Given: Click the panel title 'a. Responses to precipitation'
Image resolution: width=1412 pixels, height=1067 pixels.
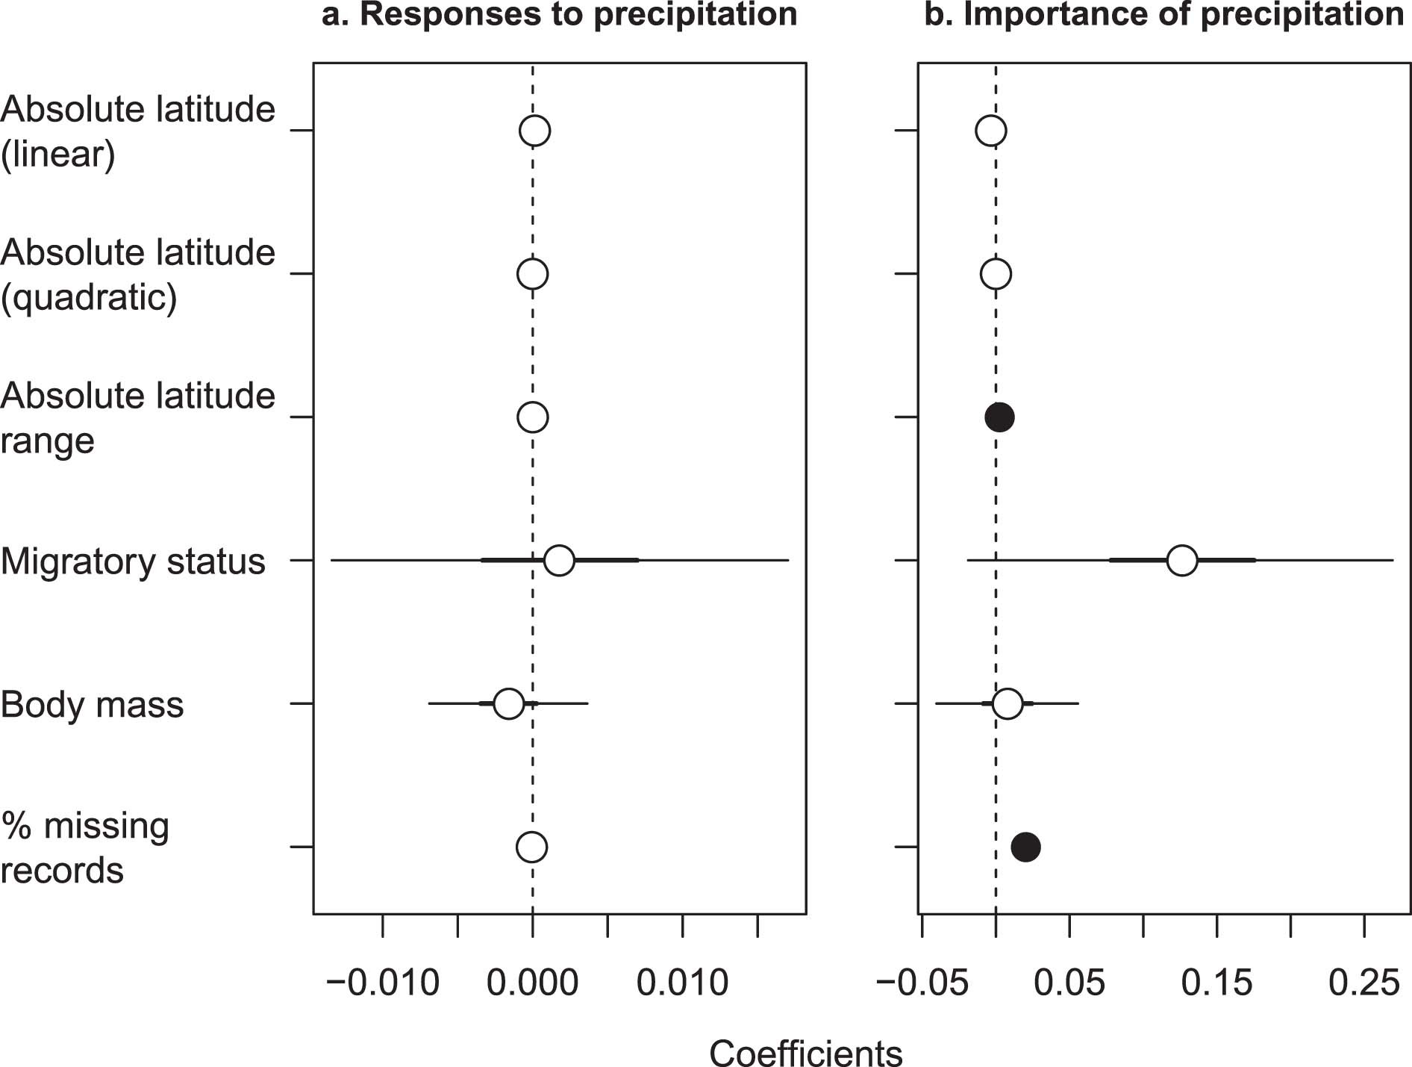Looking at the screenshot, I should [x=559, y=15].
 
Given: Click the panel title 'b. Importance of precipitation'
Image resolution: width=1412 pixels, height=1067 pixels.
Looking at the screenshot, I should [x=1163, y=15].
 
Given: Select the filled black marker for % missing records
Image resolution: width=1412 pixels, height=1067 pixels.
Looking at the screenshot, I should [x=1025, y=847].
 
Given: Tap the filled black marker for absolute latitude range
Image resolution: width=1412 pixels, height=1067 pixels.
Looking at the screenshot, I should [x=999, y=417].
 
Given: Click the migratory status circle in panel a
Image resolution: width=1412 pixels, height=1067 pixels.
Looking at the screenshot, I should [x=559, y=560].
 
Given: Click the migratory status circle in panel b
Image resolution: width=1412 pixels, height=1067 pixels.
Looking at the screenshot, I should [x=1181, y=560].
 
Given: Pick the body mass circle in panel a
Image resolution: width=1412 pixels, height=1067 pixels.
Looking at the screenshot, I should [x=508, y=703].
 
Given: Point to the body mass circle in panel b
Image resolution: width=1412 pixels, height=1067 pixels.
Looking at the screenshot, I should [x=1008, y=703].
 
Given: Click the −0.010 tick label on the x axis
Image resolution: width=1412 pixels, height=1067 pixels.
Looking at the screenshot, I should [x=383, y=983].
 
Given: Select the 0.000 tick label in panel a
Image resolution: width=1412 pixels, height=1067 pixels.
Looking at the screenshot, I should [x=532, y=983].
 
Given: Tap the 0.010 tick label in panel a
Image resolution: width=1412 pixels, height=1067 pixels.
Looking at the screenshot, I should [x=682, y=983].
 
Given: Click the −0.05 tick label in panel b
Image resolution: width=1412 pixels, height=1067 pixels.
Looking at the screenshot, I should [x=922, y=983].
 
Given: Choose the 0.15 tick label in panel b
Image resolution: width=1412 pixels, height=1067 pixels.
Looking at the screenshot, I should [x=1216, y=983].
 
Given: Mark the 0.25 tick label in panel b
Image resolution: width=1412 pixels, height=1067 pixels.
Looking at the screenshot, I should [x=1364, y=983].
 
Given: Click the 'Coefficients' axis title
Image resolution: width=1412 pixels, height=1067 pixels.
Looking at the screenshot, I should [x=805, y=1054].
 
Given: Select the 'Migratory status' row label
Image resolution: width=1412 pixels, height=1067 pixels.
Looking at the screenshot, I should [x=133, y=562].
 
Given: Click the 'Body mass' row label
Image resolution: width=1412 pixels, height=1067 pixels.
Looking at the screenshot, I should [x=92, y=705].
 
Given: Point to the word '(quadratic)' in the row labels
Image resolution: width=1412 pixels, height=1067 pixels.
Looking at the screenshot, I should [x=89, y=297].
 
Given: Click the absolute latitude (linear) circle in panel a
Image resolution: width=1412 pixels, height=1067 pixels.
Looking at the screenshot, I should [x=534, y=131].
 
